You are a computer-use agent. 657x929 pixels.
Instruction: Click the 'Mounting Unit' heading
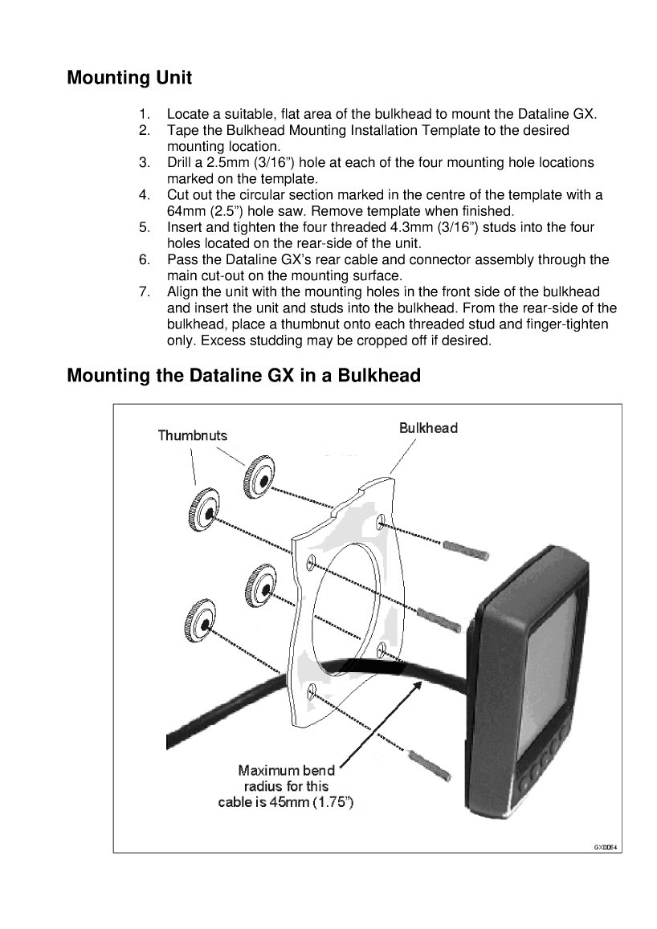point(129,78)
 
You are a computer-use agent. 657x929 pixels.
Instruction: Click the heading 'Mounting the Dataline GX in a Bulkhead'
point(243,375)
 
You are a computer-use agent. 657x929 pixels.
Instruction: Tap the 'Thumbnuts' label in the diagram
point(192,435)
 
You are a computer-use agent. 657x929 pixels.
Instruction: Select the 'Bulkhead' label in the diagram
point(428,428)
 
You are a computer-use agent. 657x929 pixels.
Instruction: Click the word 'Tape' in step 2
point(182,130)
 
